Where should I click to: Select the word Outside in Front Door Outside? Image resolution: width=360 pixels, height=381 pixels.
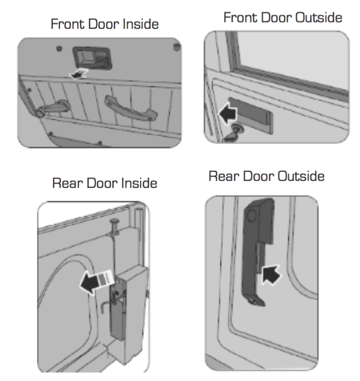click(316, 17)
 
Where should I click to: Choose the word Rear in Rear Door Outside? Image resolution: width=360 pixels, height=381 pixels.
click(224, 176)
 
